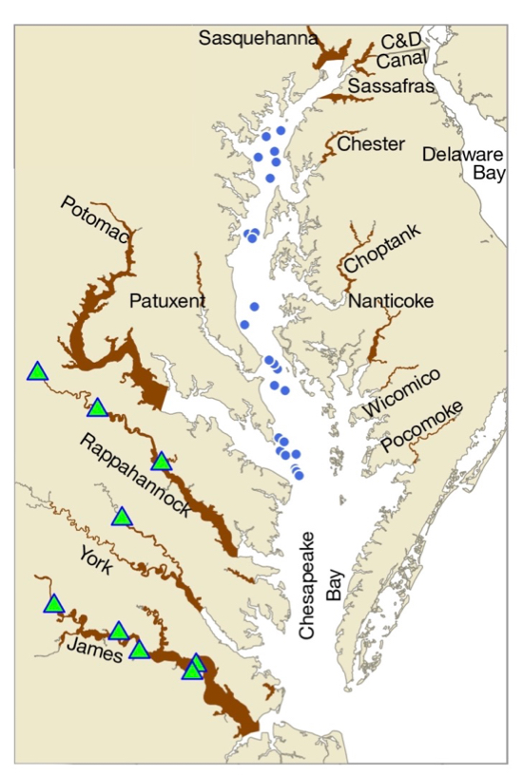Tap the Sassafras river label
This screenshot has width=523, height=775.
391,87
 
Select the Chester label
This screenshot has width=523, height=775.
372,144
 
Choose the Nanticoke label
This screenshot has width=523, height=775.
390,302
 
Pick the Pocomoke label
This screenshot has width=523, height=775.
423,426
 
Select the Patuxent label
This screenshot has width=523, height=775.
166,301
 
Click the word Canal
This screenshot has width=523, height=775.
401,62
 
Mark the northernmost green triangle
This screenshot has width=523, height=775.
37,371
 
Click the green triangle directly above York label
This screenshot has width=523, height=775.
122,517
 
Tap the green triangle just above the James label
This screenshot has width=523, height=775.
118,632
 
